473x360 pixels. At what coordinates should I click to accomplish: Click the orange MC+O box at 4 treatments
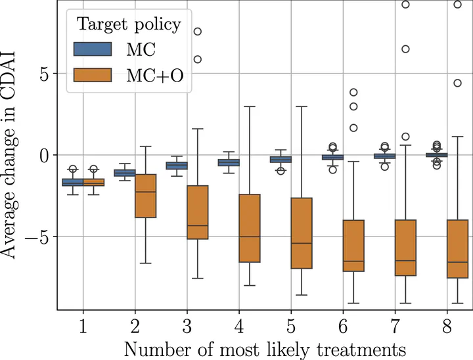(250, 228)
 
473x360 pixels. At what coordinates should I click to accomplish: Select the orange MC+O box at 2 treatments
(145, 196)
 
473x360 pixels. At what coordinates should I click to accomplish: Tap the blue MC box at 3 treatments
(176, 166)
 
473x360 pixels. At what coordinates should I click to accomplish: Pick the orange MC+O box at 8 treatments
(457, 249)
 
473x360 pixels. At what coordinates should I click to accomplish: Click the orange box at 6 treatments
(353, 246)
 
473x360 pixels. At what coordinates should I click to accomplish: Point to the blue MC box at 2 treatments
(125, 173)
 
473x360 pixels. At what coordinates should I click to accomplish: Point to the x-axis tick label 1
(83, 326)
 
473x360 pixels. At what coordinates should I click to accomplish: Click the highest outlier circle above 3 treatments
(198, 31)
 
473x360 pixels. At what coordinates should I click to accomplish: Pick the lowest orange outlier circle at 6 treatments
(353, 128)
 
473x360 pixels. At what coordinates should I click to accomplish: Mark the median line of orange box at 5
(302, 243)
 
